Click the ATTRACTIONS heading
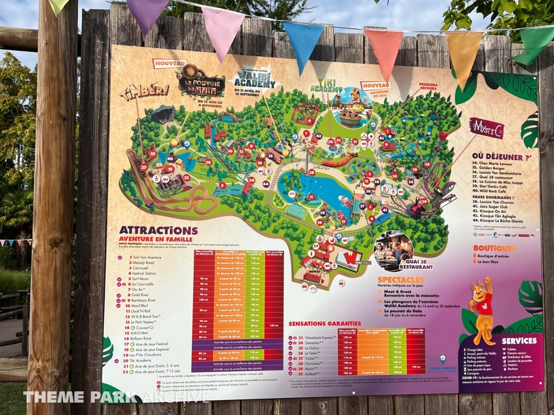pyautogui.click(x=151, y=231)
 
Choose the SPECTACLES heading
pyautogui.click(x=401, y=279)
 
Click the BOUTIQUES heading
pyautogui.click(x=494, y=248)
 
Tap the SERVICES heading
pyautogui.click(x=518, y=340)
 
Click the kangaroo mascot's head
pyautogui.click(x=484, y=288)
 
